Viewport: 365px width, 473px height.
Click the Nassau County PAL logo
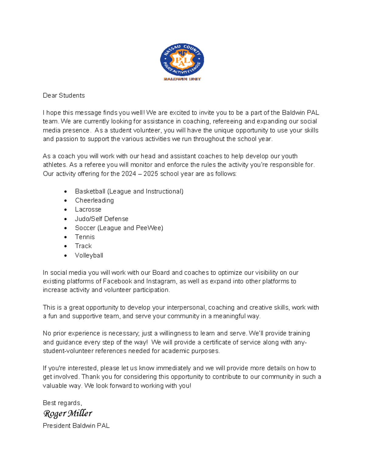pos(182,60)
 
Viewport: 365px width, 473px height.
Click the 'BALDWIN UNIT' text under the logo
pos(182,79)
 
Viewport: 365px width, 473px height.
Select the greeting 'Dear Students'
pos(64,96)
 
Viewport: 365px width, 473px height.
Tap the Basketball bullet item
pos(129,191)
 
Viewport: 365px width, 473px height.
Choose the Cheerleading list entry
pos(94,200)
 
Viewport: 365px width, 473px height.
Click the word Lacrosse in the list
pos(88,210)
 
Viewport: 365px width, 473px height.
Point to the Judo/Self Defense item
pos(102,219)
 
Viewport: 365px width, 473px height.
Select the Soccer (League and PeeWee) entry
pos(119,228)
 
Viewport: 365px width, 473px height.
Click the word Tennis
pos(85,237)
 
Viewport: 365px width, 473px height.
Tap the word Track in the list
pos(83,246)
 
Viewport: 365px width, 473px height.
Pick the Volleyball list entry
pos(89,255)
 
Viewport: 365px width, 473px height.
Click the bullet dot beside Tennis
pos(66,237)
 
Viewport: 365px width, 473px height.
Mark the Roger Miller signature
pos(68,414)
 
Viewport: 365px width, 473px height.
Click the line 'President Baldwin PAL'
pos(76,426)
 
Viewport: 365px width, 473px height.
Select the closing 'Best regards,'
pos(62,403)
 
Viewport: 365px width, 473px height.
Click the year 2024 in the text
pos(129,174)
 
